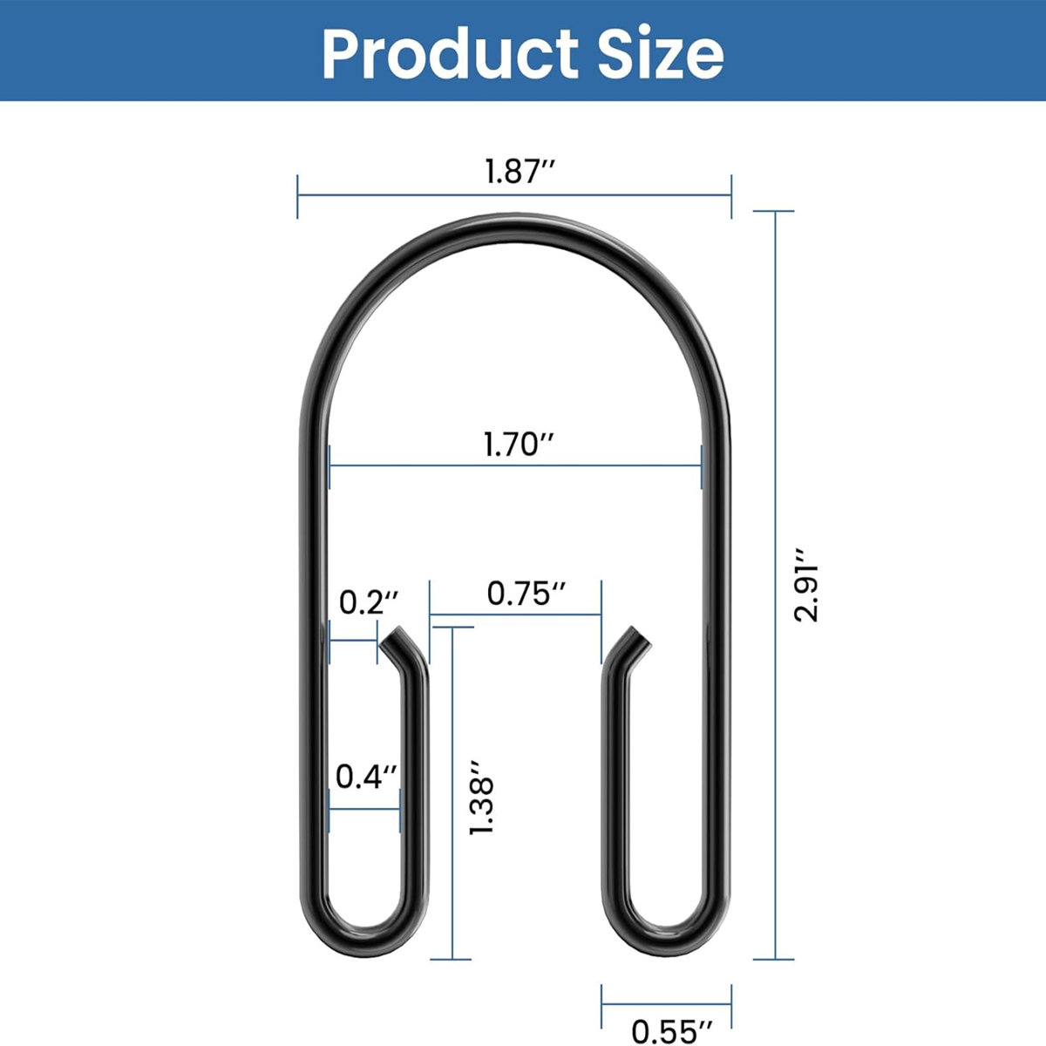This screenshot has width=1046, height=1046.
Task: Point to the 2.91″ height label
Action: [806, 584]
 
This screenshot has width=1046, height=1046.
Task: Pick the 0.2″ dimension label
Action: [369, 601]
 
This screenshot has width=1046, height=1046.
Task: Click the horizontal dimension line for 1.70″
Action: [515, 465]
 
